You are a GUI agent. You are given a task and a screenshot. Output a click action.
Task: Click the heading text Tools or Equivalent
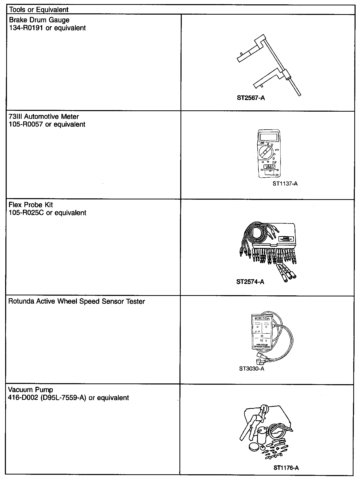(x=39, y=10)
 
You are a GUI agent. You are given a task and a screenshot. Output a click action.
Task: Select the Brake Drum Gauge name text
(x=39, y=20)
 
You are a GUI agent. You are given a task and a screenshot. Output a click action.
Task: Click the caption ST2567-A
(x=251, y=98)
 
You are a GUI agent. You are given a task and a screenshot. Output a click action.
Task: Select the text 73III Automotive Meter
(x=44, y=117)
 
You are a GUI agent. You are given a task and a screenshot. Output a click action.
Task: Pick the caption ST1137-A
(x=285, y=183)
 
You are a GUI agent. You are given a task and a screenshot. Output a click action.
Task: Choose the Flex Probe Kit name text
(x=31, y=205)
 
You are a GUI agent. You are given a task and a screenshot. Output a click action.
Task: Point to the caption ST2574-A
(x=250, y=282)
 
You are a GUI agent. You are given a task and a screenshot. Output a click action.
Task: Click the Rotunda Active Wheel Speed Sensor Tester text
(x=77, y=301)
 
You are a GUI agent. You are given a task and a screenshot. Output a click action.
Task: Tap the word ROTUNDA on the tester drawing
(x=262, y=318)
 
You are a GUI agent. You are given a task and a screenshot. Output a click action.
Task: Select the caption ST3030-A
(x=252, y=369)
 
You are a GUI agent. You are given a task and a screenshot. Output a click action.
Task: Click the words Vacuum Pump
(x=30, y=390)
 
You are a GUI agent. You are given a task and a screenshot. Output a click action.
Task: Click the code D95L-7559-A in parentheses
(x=63, y=398)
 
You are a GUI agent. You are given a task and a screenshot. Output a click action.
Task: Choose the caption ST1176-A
(x=286, y=468)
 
